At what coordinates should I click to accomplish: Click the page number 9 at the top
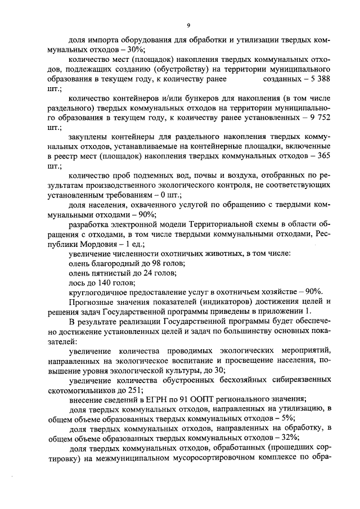[189, 25]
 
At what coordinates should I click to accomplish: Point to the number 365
[323, 157]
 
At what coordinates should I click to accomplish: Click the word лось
[76, 282]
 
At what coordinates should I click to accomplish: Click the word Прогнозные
[92, 301]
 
